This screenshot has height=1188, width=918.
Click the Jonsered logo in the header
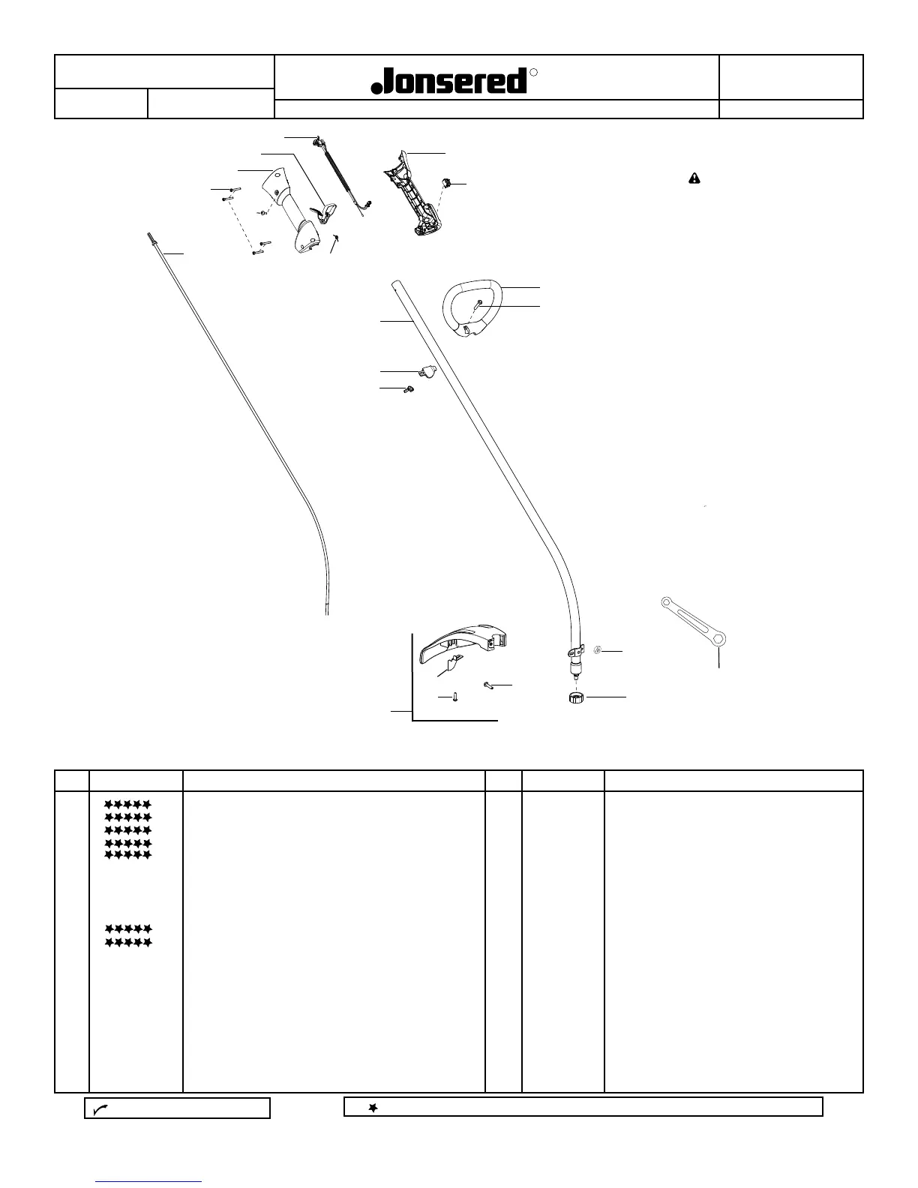[x=450, y=81]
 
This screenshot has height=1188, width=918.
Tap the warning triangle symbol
[x=694, y=178]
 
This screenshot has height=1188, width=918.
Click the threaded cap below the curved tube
[x=576, y=698]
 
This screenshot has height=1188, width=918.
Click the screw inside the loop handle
[x=478, y=303]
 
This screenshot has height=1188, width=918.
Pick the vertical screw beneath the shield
[x=455, y=697]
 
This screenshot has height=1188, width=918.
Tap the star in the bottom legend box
[x=372, y=1108]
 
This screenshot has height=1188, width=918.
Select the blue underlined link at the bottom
[x=149, y=1181]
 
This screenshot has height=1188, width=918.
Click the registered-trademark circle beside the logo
[x=534, y=73]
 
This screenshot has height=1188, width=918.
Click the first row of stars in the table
[x=128, y=805]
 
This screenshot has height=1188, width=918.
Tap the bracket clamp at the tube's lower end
[x=574, y=652]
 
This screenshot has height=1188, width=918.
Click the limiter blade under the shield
[x=453, y=662]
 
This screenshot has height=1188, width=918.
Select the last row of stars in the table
[x=128, y=942]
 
